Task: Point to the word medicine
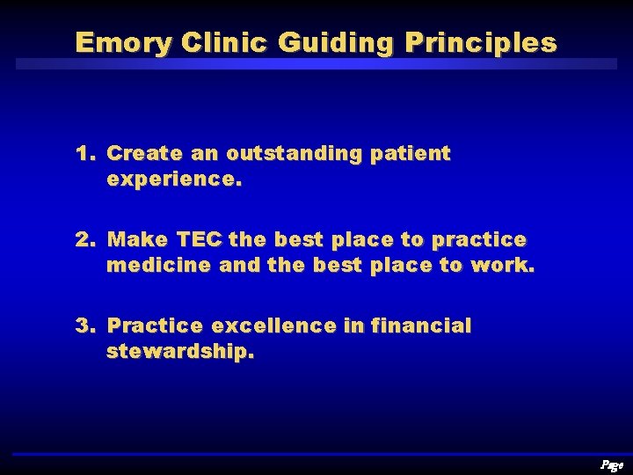158,266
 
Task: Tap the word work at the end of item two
501,266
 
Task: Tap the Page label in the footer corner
610,464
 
